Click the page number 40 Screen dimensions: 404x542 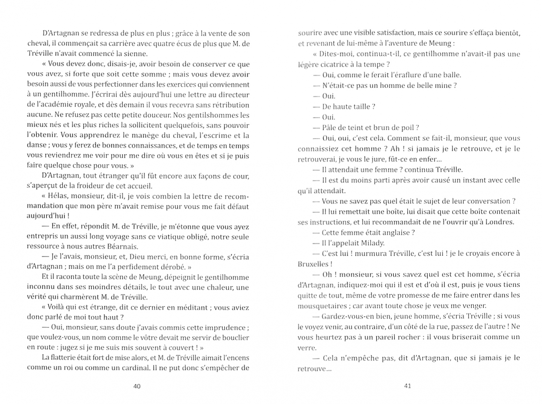click(x=137, y=386)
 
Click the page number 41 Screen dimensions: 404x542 click(x=408, y=386)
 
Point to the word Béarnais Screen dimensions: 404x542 click(x=123, y=247)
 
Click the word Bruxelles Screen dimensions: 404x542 click(x=313, y=264)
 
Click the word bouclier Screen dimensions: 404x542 click(x=236, y=337)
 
